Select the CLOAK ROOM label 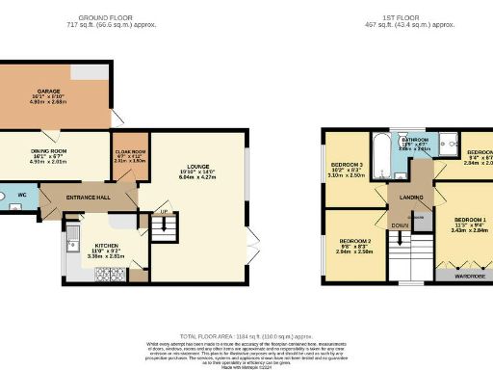point(130,150)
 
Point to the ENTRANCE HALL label point(88,198)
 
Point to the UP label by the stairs point(164,212)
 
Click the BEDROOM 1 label point(471,220)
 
